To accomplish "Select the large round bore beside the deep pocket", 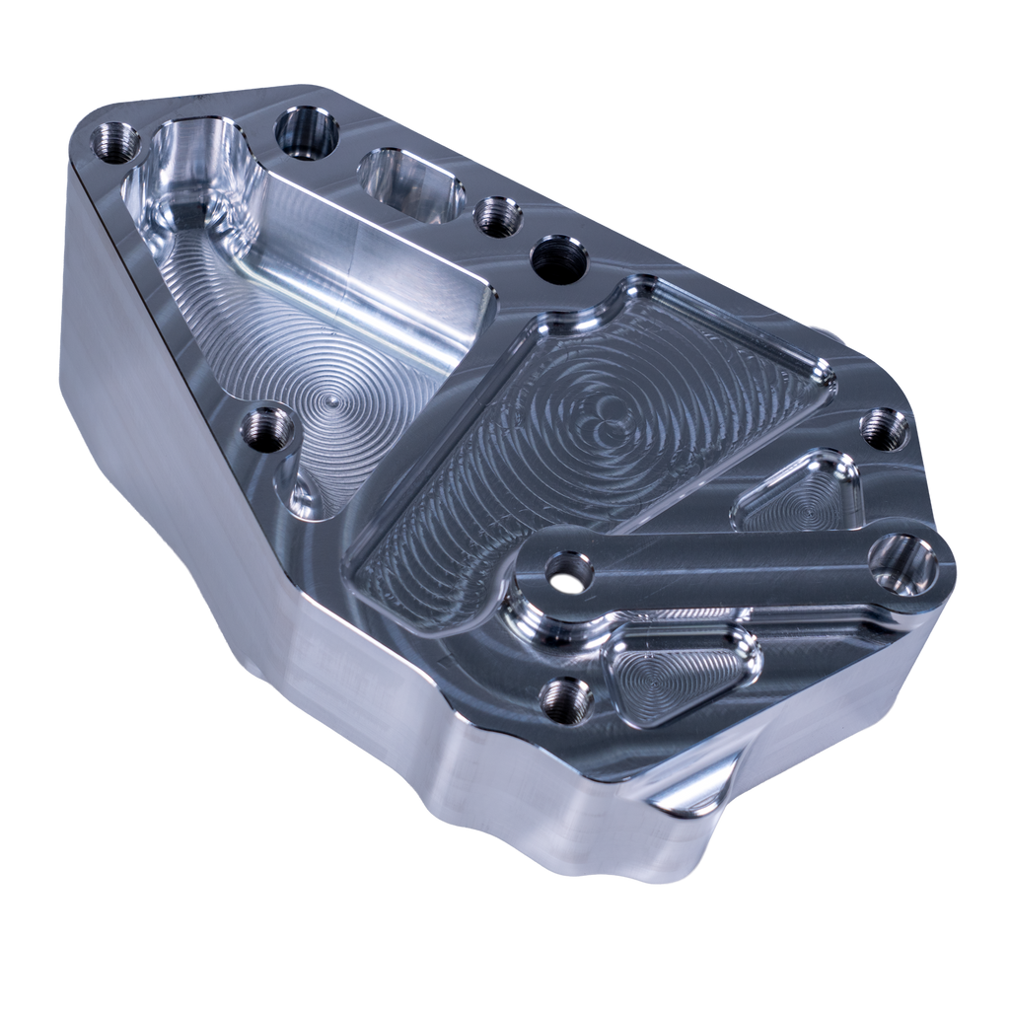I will tap(306, 132).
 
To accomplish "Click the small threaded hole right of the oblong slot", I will tap(498, 216).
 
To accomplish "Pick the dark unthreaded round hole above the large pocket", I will tap(558, 259).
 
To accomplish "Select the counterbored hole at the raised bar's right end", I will tap(904, 562).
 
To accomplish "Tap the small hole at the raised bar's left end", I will tap(569, 571).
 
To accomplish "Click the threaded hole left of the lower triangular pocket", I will tap(566, 700).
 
